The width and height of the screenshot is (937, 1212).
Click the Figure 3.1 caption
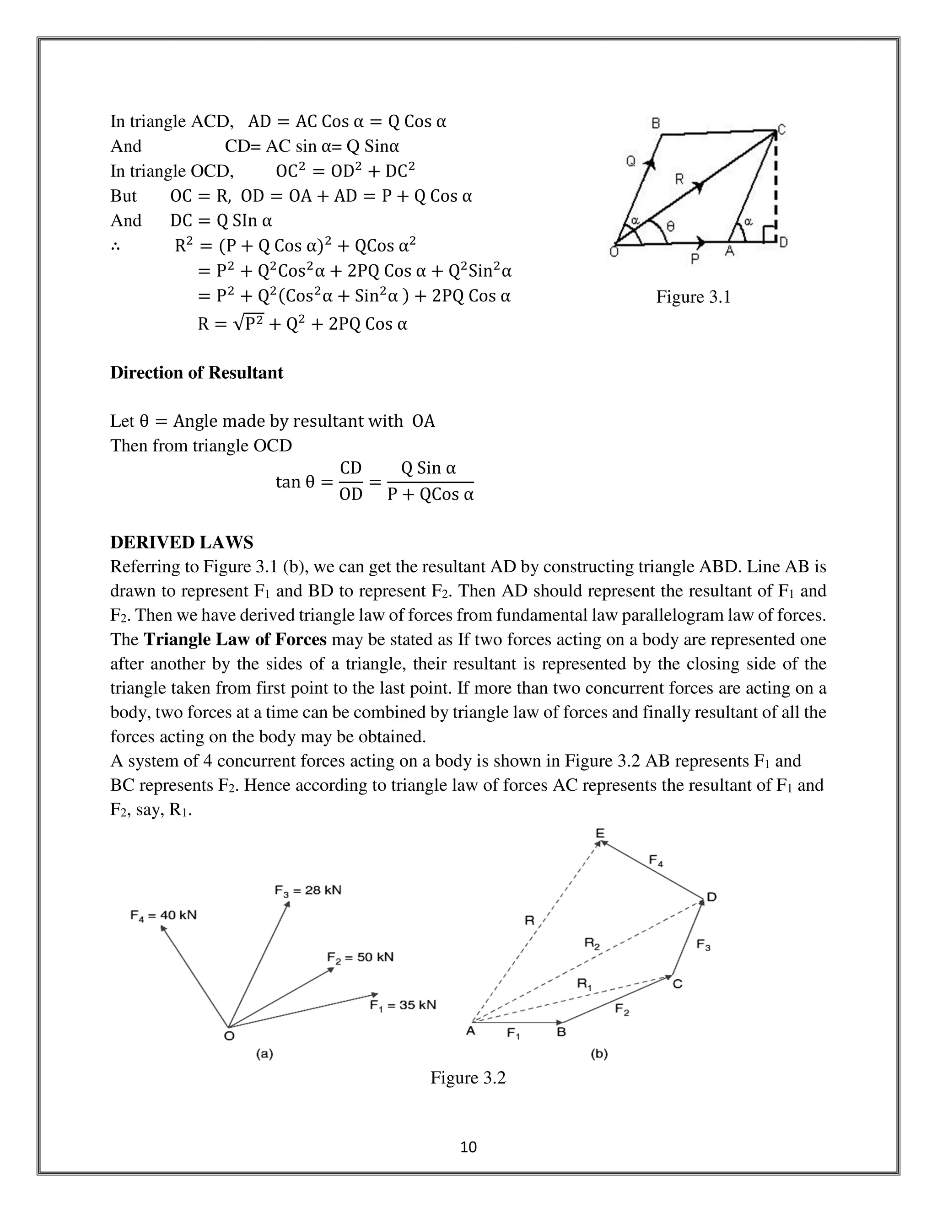[693, 297]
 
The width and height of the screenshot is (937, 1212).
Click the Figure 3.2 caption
[468, 1078]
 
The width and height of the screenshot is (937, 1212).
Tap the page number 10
[468, 1147]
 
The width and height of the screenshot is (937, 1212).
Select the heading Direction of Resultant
[196, 372]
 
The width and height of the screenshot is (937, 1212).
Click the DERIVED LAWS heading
[182, 542]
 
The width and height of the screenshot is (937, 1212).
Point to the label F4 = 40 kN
[163, 915]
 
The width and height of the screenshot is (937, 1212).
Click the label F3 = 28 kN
[307, 890]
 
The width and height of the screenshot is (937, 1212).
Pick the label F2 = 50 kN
[360, 957]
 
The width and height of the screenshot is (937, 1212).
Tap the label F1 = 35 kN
[403, 1005]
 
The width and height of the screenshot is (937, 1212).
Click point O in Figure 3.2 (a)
[229, 1035]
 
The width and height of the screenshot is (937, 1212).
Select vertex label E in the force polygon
[600, 833]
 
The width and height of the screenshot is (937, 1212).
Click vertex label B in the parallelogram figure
[656, 123]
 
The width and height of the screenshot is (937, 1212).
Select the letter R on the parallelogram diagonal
[679, 179]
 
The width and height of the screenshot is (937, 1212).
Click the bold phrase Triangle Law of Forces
[235, 640]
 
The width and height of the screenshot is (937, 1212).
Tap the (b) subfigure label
[599, 1053]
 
